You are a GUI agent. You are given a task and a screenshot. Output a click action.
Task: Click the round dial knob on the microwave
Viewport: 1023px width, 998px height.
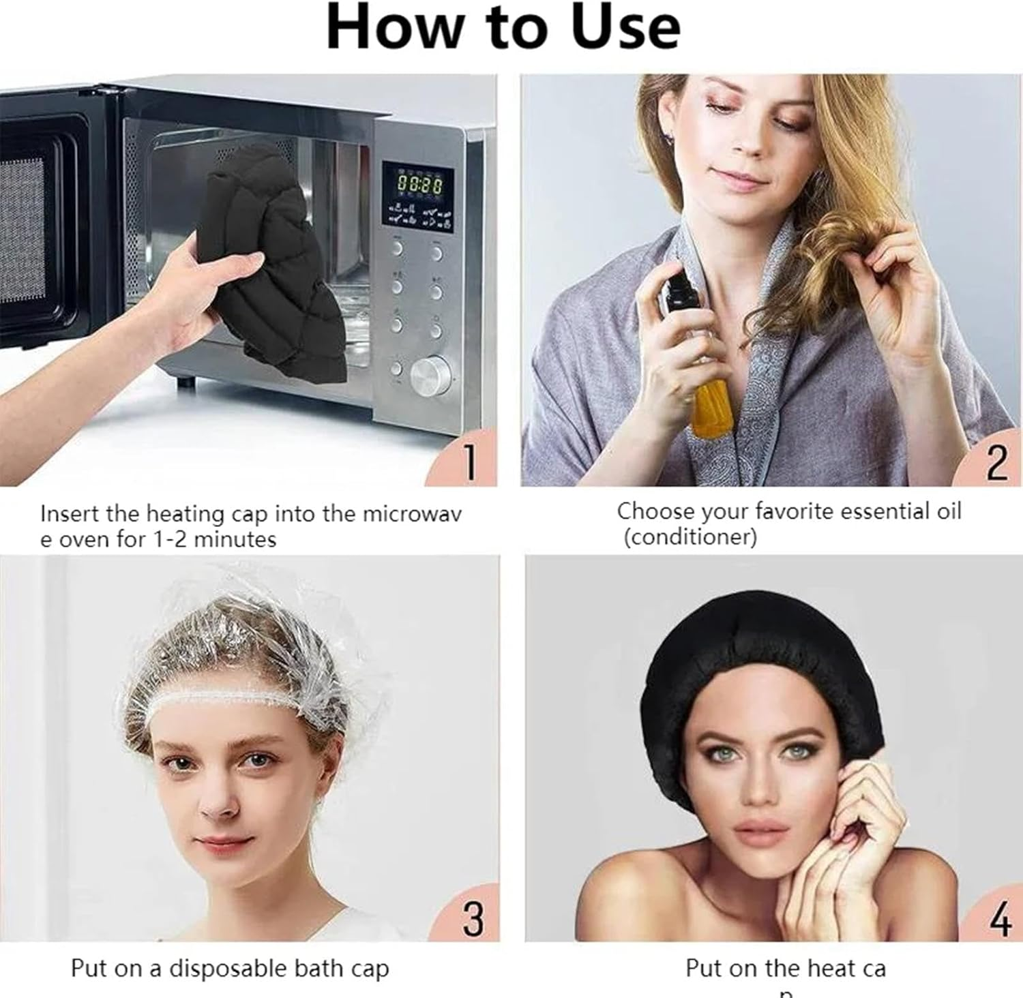click(430, 374)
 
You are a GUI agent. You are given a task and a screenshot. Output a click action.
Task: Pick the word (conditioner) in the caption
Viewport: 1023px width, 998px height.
click(690, 537)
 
